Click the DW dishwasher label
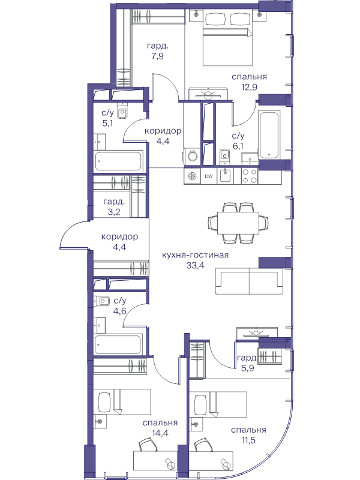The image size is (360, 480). [209, 176]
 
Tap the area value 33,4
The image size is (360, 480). [196, 265]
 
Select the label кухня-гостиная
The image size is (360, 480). [196, 255]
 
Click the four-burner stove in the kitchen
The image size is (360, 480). [250, 176]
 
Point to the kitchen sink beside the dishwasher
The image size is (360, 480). [225, 176]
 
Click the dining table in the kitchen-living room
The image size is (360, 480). [238, 223]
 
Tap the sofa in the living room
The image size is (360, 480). [249, 281]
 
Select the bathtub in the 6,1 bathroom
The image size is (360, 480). [269, 134]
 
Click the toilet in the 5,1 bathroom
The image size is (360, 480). [122, 112]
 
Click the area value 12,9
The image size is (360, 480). [249, 87]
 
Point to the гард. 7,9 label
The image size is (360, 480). [157, 51]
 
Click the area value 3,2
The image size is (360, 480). [114, 212]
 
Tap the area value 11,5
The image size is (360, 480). [248, 440]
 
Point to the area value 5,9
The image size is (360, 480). [248, 368]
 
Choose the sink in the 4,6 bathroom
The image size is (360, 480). [103, 301]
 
